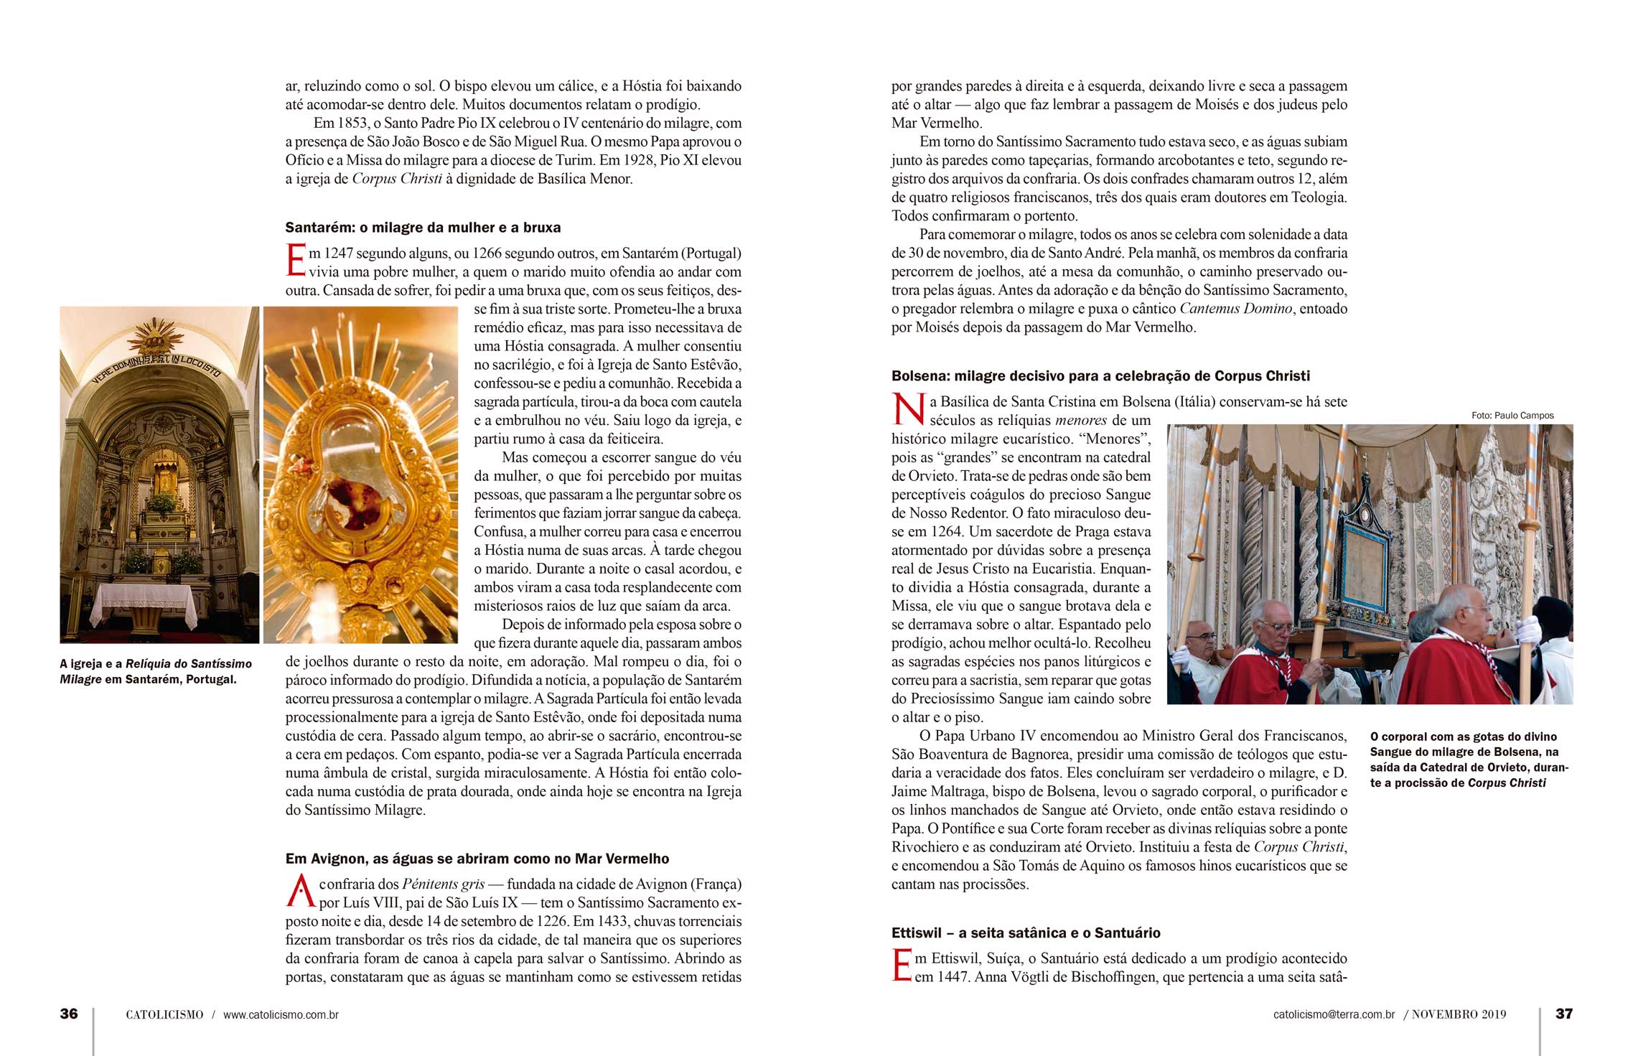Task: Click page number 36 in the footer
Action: click(x=69, y=1014)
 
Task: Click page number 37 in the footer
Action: click(x=1564, y=1014)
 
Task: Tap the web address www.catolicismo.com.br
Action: click(x=281, y=1015)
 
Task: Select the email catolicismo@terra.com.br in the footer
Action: click(x=1334, y=1015)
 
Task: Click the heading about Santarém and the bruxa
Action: click(x=423, y=228)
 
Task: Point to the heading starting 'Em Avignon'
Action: click(x=477, y=859)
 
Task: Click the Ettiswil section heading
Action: click(x=1026, y=933)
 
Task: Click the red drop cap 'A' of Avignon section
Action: click(x=301, y=893)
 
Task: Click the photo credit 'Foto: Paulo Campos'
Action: click(x=1512, y=416)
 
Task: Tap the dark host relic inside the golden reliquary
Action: click(x=351, y=498)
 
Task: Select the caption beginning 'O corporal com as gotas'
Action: click(x=1468, y=760)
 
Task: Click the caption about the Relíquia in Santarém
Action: click(x=156, y=671)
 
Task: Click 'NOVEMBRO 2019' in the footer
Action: click(x=1459, y=1015)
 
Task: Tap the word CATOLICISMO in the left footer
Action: click(x=164, y=1015)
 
